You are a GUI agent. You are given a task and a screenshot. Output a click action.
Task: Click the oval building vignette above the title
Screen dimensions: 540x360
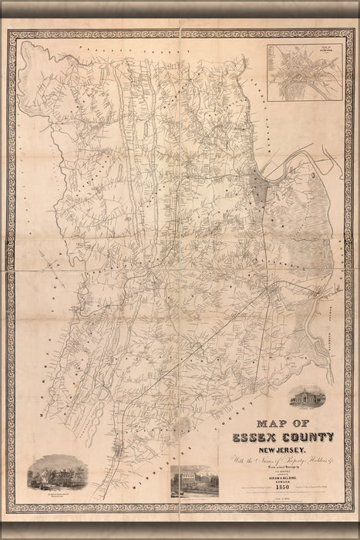coord(308,397)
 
